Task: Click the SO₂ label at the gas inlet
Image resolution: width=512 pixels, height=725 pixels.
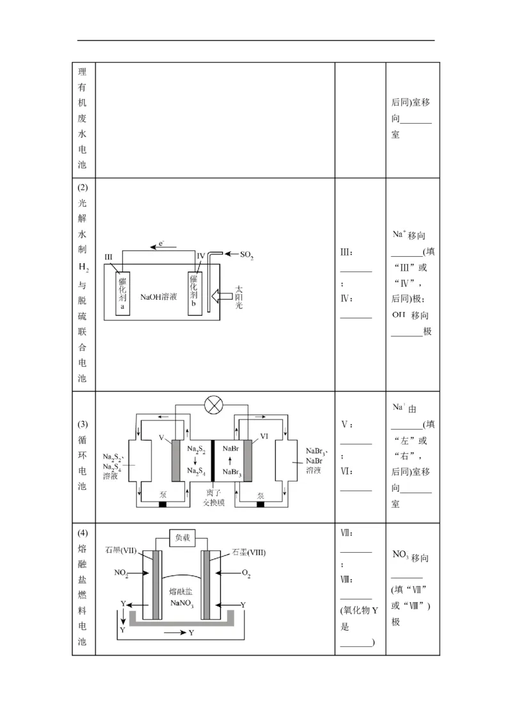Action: [247, 256]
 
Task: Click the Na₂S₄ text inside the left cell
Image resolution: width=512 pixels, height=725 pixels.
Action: [196, 471]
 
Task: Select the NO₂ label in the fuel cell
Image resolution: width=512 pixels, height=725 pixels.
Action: [122, 574]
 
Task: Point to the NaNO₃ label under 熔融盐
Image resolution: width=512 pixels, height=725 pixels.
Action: [182, 603]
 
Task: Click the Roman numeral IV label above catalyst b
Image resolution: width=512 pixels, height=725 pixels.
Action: [201, 256]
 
